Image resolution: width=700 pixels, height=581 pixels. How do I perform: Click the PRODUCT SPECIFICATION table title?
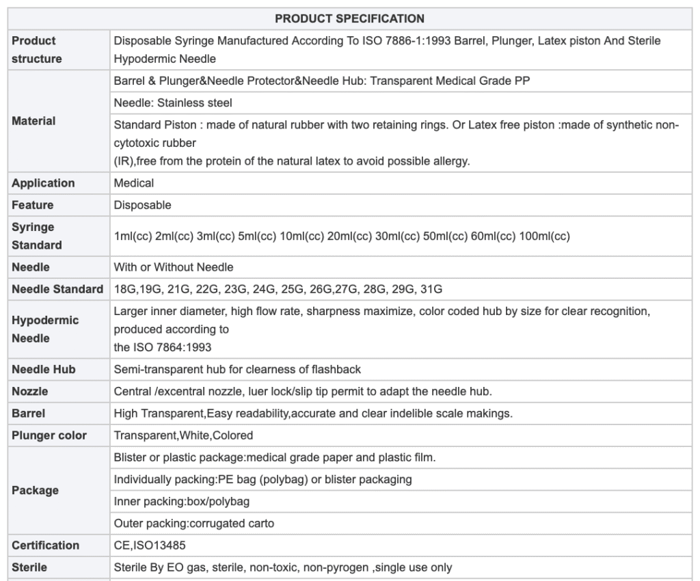pyautogui.click(x=349, y=18)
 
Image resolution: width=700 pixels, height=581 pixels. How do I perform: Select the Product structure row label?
pyautogui.click(x=37, y=50)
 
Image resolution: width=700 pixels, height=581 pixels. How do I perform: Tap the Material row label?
pyautogui.click(x=33, y=121)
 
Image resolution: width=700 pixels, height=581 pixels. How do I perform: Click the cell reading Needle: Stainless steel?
pyautogui.click(x=173, y=103)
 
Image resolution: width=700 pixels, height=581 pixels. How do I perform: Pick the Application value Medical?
pyautogui.click(x=134, y=183)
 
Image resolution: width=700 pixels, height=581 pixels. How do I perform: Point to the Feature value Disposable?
pyautogui.click(x=142, y=205)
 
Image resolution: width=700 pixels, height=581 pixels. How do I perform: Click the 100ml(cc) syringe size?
pyautogui.click(x=544, y=237)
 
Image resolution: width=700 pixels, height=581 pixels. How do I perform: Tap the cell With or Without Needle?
pyautogui.click(x=174, y=267)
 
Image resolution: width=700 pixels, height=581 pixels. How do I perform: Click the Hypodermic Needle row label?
pyautogui.click(x=45, y=329)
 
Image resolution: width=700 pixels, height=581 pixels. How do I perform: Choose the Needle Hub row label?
pyautogui.click(x=44, y=370)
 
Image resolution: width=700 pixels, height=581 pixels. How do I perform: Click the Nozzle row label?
pyautogui.click(x=30, y=392)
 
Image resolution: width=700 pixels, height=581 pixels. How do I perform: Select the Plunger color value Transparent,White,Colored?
pyautogui.click(x=183, y=435)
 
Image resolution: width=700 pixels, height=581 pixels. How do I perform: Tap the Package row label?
pyautogui.click(x=35, y=491)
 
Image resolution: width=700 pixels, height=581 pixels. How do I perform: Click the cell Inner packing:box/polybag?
pyautogui.click(x=182, y=502)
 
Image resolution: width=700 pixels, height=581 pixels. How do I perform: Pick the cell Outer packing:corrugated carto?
pyautogui.click(x=194, y=524)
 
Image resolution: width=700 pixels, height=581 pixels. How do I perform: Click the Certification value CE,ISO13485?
pyautogui.click(x=150, y=545)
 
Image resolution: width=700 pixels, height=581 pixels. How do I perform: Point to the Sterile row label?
pyautogui.click(x=29, y=567)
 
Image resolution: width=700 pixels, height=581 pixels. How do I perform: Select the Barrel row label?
pyautogui.click(x=29, y=414)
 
